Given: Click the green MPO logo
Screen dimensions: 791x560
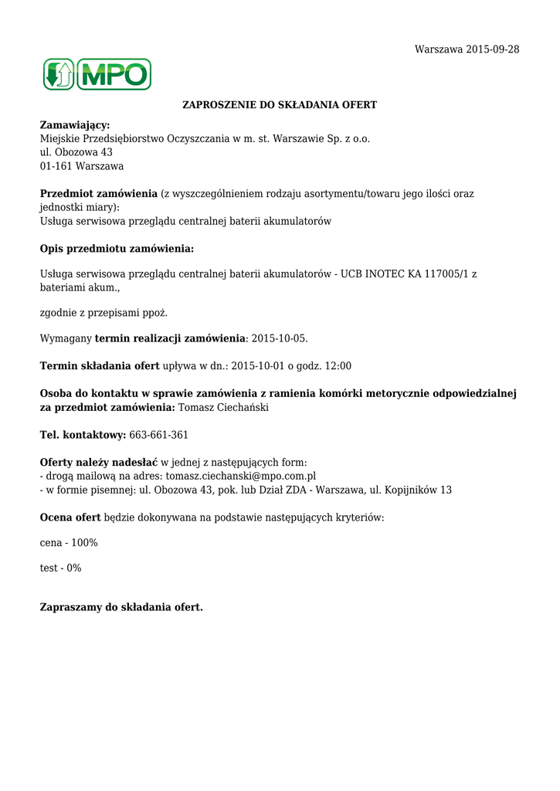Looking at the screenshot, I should [x=97, y=74].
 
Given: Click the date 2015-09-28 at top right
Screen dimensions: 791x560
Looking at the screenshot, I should [x=493, y=49].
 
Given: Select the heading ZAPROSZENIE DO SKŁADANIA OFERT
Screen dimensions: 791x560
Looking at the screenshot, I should [x=279, y=104].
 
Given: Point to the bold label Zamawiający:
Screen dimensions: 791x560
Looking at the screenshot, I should [x=75, y=125].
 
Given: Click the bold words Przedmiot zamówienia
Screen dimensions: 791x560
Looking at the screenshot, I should [x=98, y=194].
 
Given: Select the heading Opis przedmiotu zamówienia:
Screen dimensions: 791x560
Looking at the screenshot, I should [x=117, y=249].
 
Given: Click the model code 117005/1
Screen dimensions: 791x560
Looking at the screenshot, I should [x=445, y=273].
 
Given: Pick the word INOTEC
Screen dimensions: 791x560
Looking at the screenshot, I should [x=383, y=273].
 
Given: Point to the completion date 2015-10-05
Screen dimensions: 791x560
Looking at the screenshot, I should [x=280, y=338].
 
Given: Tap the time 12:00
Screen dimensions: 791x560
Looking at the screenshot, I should [x=336, y=366].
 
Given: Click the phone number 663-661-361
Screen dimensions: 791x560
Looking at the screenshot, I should [x=158, y=435].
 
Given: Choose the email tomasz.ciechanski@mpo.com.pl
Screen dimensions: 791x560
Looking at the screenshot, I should [x=240, y=477].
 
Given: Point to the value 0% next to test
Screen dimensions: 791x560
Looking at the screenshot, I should [x=73, y=568].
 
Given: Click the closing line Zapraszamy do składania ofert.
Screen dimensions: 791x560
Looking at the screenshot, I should [x=121, y=607].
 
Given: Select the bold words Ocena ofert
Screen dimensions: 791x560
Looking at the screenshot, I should [x=70, y=518].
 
